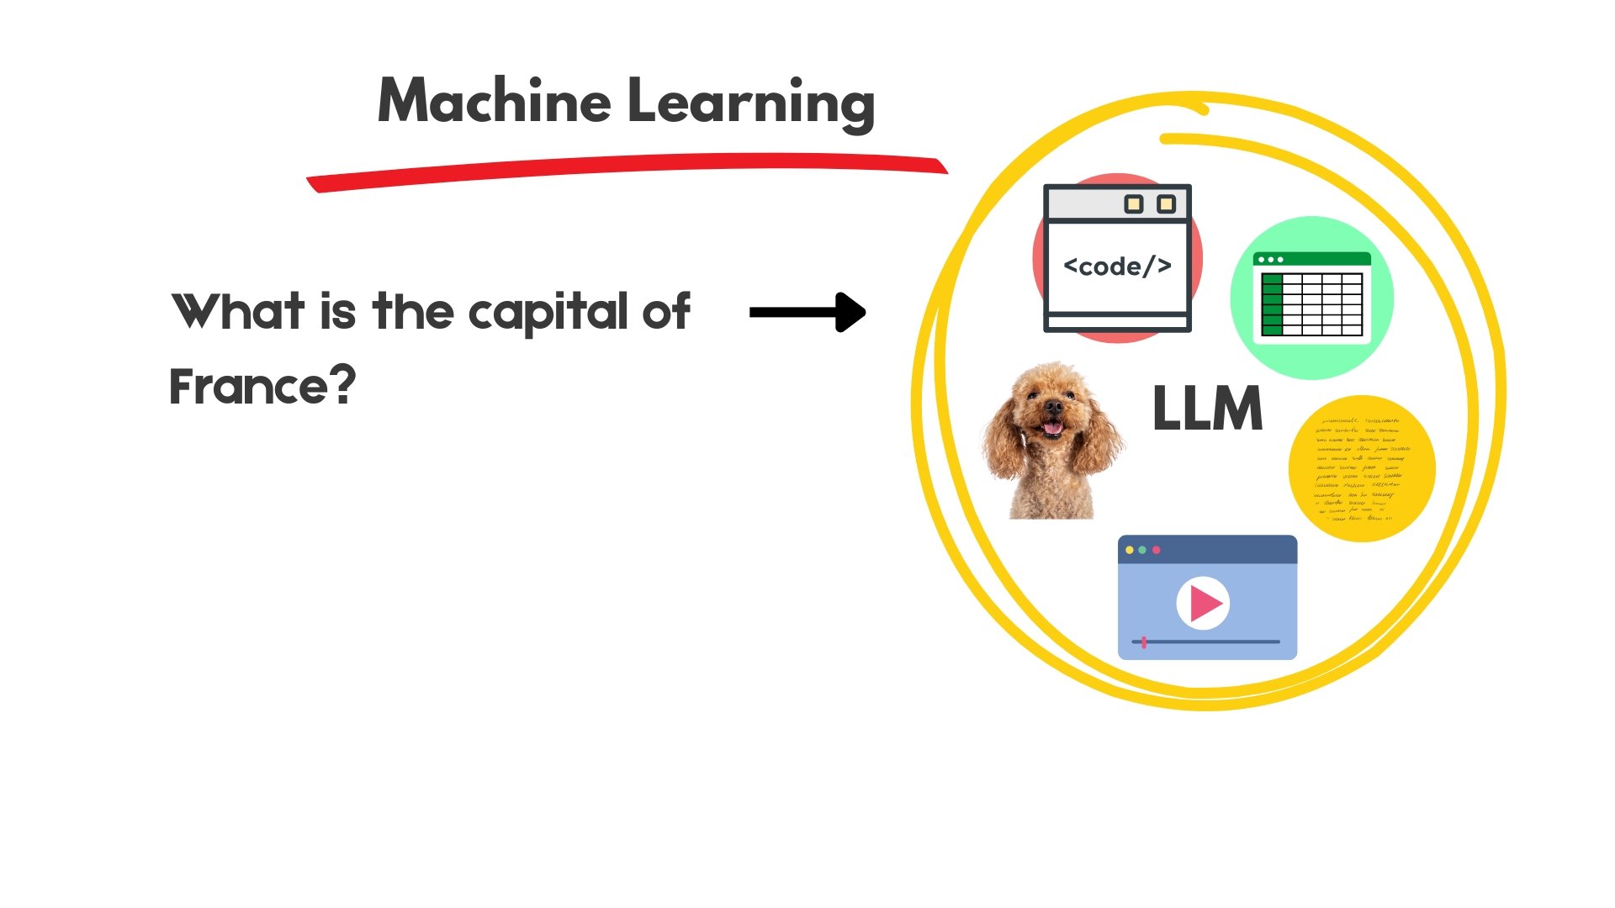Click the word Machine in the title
494,101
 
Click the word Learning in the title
751,103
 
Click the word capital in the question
548,313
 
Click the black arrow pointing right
807,313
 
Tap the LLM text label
1207,409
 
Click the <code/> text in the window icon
1117,267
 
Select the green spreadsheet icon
1311,298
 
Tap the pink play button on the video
1204,603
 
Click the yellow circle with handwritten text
1361,468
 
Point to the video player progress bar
1207,642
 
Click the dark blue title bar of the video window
1207,550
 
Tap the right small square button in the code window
1166,204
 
